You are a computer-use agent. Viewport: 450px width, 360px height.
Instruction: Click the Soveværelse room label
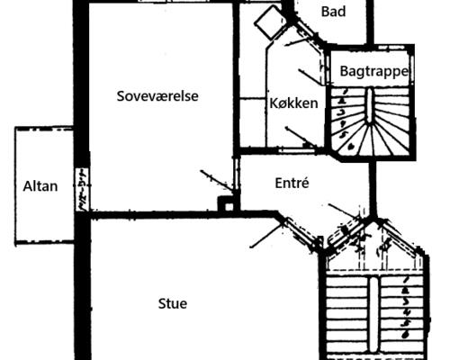157,96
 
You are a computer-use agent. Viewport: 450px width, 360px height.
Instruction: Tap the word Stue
173,303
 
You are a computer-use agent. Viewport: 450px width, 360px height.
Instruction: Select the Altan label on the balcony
40,186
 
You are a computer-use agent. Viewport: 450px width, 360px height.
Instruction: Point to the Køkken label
293,103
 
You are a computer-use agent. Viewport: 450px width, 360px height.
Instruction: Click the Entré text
292,183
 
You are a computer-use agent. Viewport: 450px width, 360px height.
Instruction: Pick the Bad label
333,12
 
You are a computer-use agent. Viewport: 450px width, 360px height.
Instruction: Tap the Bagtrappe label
374,71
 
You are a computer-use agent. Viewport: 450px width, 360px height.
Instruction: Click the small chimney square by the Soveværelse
228,205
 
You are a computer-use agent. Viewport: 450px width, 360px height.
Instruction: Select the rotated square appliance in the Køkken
270,22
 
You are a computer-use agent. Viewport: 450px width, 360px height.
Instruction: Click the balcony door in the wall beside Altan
82,189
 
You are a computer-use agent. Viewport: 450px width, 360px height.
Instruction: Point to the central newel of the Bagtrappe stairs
370,105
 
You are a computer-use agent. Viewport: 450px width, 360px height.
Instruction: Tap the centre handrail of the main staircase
373,313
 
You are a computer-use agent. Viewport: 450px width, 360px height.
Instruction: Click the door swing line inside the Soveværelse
216,180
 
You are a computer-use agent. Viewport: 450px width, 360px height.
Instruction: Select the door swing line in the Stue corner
266,236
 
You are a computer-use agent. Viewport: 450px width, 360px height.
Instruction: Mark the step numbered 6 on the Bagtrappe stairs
350,147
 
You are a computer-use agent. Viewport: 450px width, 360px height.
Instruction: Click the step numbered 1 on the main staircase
406,280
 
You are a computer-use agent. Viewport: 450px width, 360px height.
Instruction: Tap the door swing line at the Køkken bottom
301,138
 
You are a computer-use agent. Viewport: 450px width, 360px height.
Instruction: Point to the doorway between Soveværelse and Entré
237,174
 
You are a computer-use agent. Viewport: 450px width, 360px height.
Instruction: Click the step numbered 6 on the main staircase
406,334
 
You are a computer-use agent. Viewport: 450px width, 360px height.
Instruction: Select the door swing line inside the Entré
344,211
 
